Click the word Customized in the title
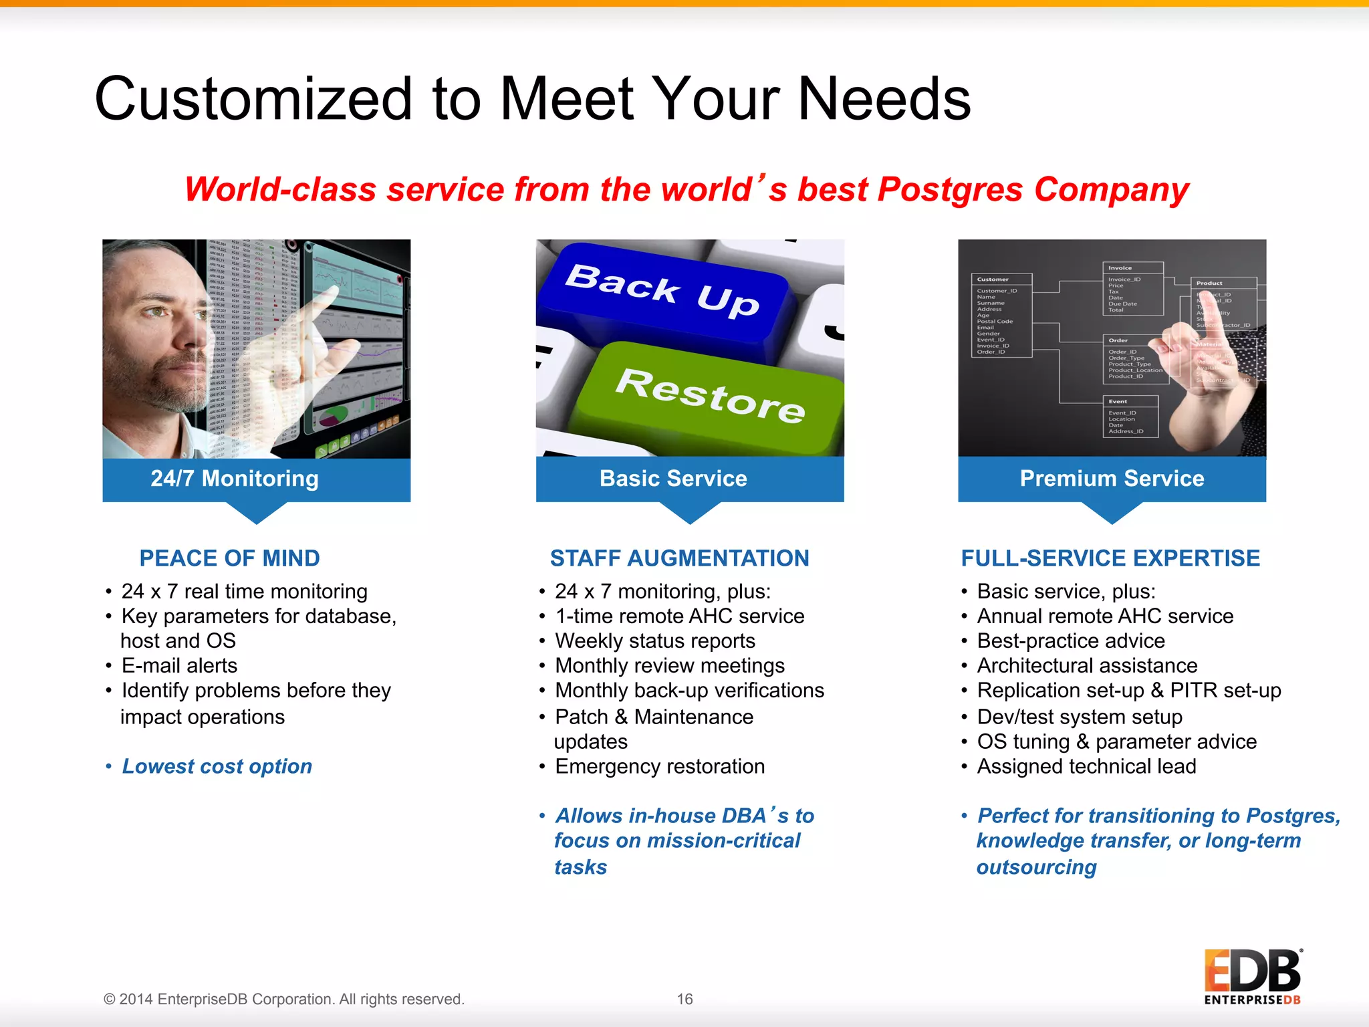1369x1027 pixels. (254, 99)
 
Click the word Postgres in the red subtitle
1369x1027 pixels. (949, 189)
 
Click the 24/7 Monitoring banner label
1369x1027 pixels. (235, 479)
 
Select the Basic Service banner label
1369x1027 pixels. (673, 479)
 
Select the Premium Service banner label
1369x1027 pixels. (1112, 479)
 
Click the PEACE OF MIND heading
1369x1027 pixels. (229, 558)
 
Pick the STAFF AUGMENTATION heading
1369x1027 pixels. (679, 558)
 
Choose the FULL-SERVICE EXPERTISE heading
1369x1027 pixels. (1110, 558)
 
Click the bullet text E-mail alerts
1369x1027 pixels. (179, 666)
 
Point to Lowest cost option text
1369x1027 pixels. (217, 766)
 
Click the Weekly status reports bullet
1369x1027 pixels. (655, 641)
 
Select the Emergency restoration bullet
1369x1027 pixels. (660, 766)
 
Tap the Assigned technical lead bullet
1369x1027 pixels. (1086, 766)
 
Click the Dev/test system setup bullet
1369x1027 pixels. (1080, 717)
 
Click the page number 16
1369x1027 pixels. (684, 999)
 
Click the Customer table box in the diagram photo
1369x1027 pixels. (1001, 314)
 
